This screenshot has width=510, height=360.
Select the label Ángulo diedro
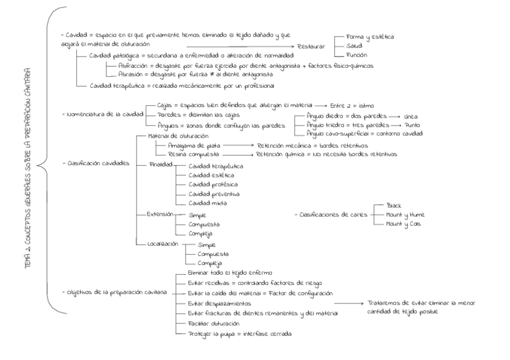(324, 115)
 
